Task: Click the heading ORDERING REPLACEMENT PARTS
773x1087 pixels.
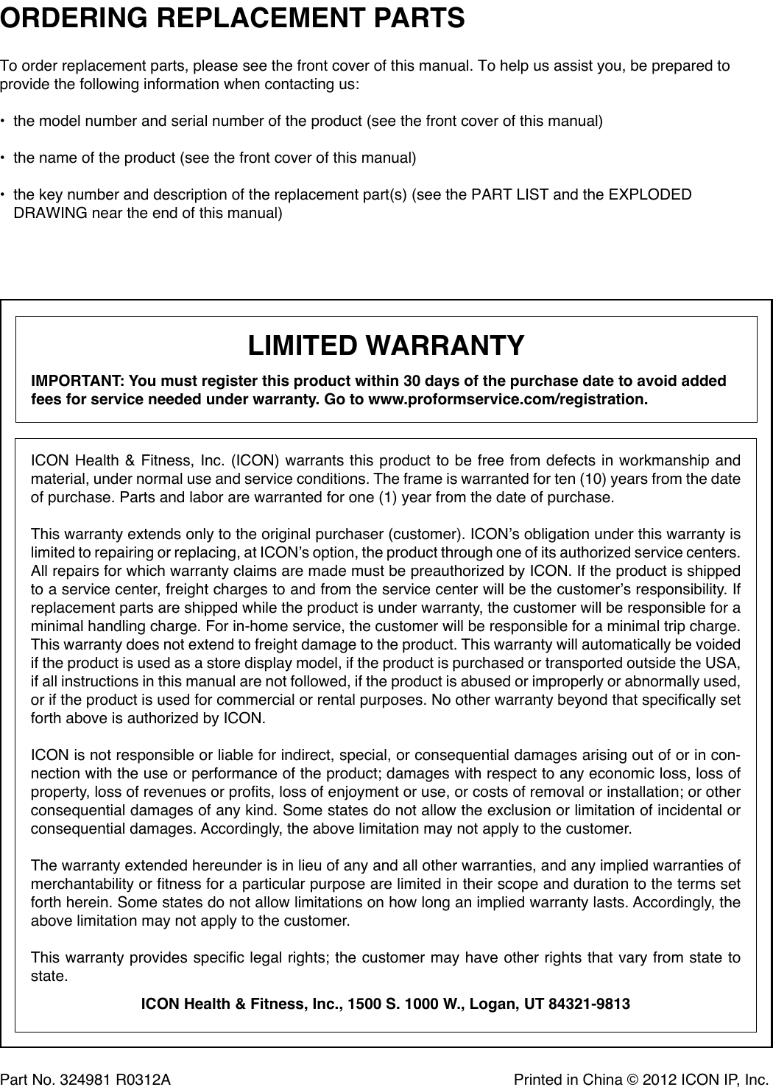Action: tap(233, 18)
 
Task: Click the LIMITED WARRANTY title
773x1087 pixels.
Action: tap(386, 345)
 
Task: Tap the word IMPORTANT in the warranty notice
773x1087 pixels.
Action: tap(77, 381)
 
